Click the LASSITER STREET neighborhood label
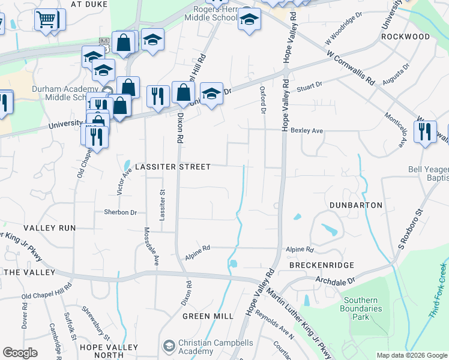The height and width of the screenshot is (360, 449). [x=172, y=167]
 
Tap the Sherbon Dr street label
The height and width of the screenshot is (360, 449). [x=121, y=212]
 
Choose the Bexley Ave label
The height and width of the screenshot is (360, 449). [x=307, y=130]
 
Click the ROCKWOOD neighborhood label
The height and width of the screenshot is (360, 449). [x=406, y=37]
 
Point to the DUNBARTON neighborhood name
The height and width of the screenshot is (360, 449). [x=356, y=205]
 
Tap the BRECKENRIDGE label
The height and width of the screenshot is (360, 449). [x=322, y=265]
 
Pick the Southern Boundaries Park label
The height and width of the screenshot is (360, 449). [x=362, y=308]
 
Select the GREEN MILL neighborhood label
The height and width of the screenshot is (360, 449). [x=208, y=316]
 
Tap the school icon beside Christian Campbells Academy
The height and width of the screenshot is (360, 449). [x=169, y=346]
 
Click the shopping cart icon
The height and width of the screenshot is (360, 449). [x=46, y=20]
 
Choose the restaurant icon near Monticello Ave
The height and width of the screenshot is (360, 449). [x=425, y=131]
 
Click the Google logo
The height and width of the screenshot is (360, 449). [x=20, y=353]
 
